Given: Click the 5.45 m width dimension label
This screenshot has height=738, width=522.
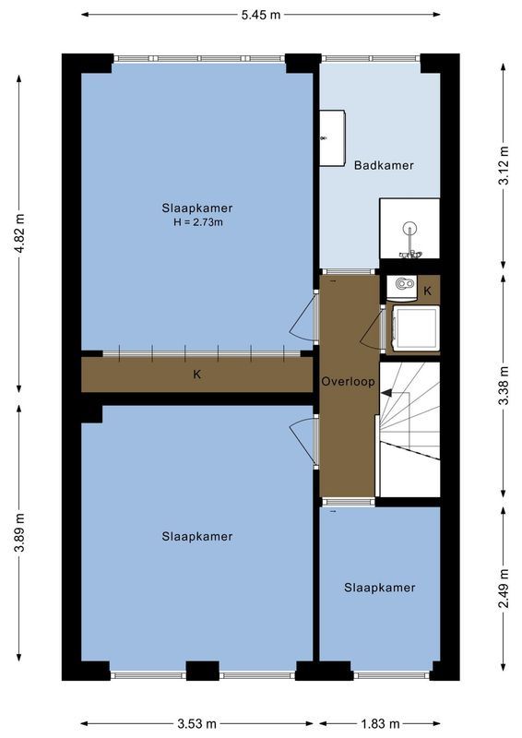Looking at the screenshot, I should pyautogui.click(x=261, y=15).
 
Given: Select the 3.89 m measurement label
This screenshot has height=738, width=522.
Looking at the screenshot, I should pyautogui.click(x=19, y=536).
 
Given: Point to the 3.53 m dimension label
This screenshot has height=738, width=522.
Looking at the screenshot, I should pyautogui.click(x=197, y=723).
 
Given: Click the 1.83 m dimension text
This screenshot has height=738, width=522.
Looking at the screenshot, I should pyautogui.click(x=380, y=723).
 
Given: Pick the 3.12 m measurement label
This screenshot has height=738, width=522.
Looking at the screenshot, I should pyautogui.click(x=503, y=166).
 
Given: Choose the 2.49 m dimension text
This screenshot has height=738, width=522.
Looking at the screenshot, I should pyautogui.click(x=503, y=588).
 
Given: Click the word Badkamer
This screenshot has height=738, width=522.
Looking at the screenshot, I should pyautogui.click(x=384, y=165).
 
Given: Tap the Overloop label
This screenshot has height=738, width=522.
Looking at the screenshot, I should pyautogui.click(x=349, y=381).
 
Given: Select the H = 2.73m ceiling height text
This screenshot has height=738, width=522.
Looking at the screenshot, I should pyautogui.click(x=197, y=222).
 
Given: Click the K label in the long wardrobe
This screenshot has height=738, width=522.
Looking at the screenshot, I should pyautogui.click(x=196, y=375).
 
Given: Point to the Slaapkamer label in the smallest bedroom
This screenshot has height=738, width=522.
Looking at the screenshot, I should pyautogui.click(x=380, y=588).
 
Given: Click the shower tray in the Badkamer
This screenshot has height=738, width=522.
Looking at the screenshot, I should pyautogui.click(x=409, y=231).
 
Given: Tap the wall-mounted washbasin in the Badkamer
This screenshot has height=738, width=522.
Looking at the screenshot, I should pyautogui.click(x=332, y=138).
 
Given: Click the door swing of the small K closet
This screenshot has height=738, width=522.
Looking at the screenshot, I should pyautogui.click(x=373, y=329).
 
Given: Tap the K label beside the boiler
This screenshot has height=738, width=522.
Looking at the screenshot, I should pyautogui.click(x=427, y=291).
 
